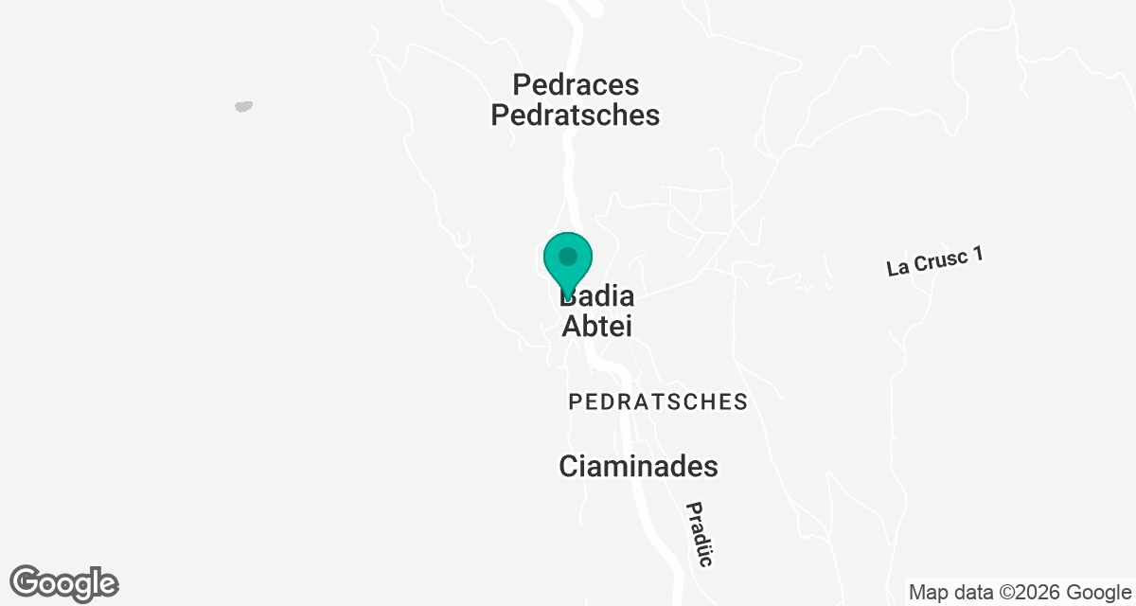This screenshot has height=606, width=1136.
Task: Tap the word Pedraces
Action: click(576, 85)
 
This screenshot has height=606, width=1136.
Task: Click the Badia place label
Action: click(598, 296)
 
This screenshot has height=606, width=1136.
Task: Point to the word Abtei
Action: click(597, 327)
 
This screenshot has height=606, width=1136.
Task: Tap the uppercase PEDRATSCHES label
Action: click(658, 402)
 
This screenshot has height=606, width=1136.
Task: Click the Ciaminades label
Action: click(638, 467)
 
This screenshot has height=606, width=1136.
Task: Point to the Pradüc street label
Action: click(698, 533)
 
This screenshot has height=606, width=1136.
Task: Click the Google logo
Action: click(64, 583)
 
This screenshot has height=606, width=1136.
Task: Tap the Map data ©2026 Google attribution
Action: click(1018, 593)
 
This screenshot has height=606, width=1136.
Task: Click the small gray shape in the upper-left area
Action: click(243, 106)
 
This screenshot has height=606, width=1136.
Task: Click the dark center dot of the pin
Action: click(568, 257)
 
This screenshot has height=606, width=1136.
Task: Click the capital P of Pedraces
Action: click(522, 85)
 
